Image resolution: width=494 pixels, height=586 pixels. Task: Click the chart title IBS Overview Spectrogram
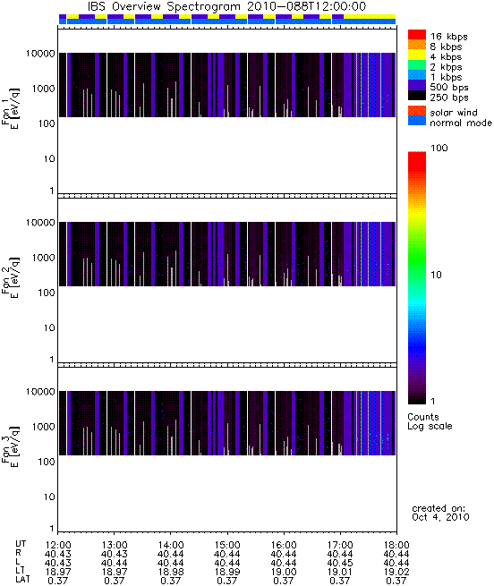pyautogui.click(x=164, y=7)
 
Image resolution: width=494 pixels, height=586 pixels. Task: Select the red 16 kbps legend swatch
pyautogui.click(x=417, y=34)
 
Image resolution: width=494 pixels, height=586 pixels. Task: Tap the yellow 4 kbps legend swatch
pyautogui.click(x=417, y=55)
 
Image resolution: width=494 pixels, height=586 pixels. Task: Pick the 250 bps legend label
pyautogui.click(x=449, y=98)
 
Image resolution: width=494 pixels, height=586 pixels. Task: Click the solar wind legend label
pyautogui.click(x=454, y=113)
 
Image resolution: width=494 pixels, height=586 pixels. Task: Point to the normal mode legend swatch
pyautogui.click(x=417, y=121)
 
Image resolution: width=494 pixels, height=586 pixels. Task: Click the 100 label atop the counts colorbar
pyautogui.click(x=439, y=148)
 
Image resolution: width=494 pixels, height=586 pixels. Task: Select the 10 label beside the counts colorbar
pyautogui.click(x=437, y=275)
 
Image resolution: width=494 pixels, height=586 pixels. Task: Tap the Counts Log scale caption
pyautogui.click(x=430, y=421)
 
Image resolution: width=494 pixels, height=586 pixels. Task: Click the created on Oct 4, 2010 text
pyautogui.click(x=440, y=513)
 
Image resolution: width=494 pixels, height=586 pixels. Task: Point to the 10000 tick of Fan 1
pyautogui.click(x=40, y=54)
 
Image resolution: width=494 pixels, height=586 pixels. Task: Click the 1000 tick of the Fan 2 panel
pyautogui.click(x=43, y=258)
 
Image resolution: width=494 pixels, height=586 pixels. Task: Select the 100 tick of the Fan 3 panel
pyautogui.click(x=47, y=462)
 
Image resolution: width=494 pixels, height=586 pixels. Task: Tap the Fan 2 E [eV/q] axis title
pyautogui.click(x=11, y=277)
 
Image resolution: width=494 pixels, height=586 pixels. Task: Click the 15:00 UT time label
pyautogui.click(x=227, y=545)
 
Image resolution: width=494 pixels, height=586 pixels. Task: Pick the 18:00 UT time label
pyautogui.click(x=396, y=545)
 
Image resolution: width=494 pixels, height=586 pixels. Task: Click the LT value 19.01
pyautogui.click(x=340, y=572)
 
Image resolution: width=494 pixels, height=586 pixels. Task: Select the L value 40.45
pyautogui.click(x=340, y=563)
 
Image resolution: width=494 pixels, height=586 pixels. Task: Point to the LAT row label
pyautogui.click(x=22, y=580)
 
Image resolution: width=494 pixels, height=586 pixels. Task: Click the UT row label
pyautogui.click(x=21, y=545)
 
